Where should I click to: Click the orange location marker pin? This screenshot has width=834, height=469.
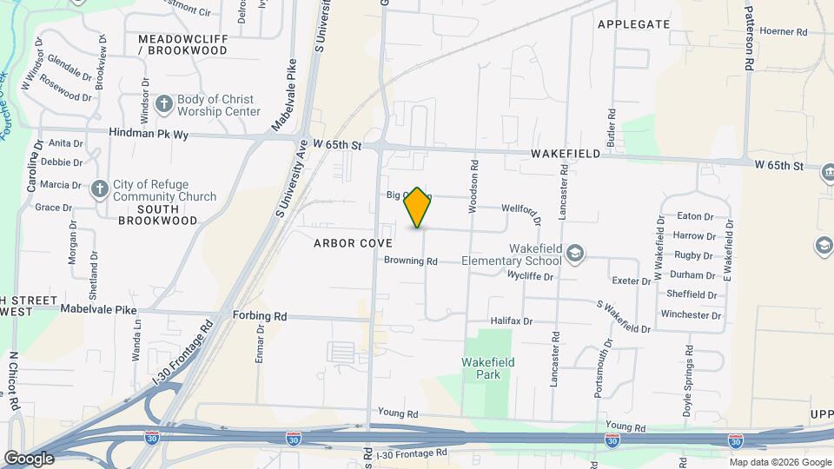[418, 207]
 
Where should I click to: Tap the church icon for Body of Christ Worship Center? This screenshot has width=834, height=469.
[163, 105]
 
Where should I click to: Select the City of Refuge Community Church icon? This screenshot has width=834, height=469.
[100, 188]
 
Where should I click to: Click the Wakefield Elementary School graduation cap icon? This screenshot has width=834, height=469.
[573, 254]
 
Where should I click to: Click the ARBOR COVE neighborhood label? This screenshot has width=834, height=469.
[353, 244]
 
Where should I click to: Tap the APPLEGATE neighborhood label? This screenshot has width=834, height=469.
[633, 24]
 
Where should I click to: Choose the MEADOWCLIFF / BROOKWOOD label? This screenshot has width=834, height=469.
[182, 45]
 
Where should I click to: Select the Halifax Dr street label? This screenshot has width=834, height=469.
[510, 321]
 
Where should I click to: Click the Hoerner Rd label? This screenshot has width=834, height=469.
[784, 32]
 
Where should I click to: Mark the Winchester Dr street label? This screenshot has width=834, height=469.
[692, 314]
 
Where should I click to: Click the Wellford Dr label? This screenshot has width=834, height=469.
[522, 213]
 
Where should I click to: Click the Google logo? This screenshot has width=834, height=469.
[28, 458]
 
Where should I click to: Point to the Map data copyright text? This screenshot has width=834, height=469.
[779, 461]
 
